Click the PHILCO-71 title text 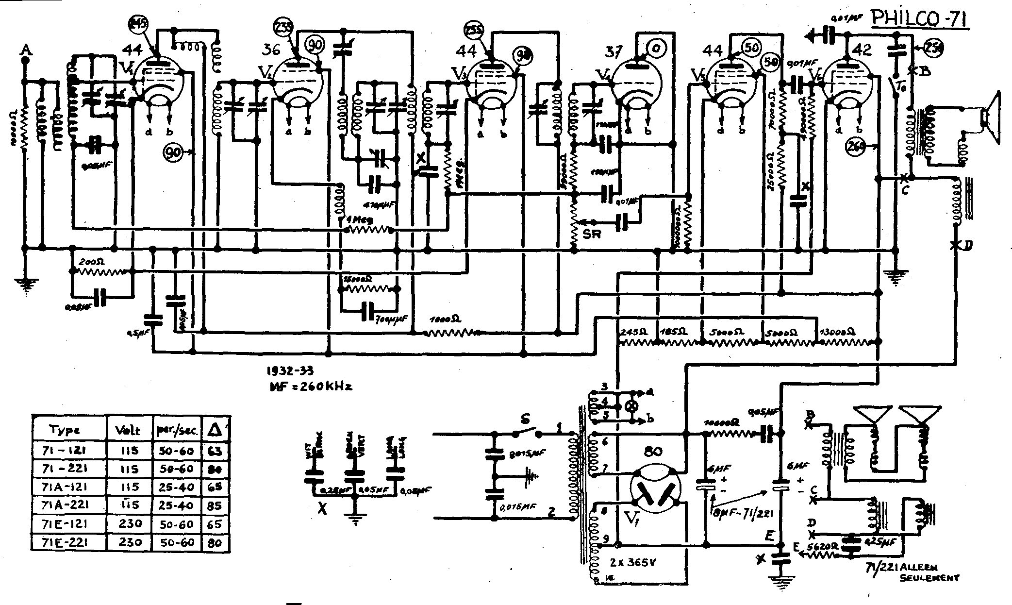point(919,21)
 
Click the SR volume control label point(592,234)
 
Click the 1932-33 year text point(290,371)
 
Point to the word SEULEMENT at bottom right point(929,578)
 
